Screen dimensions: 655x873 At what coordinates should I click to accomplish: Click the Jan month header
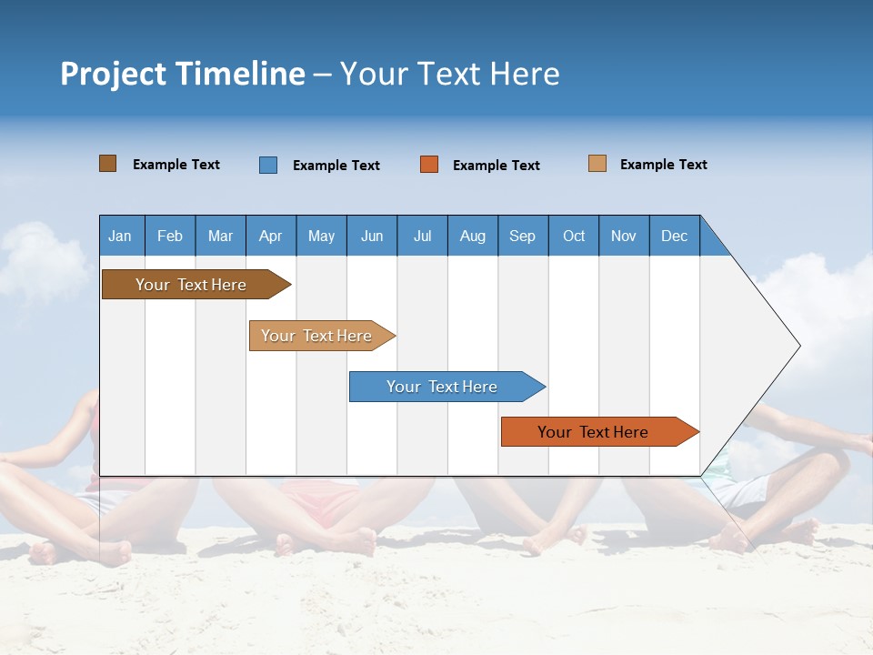coord(121,236)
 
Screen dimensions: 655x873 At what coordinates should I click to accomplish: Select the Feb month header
coord(170,236)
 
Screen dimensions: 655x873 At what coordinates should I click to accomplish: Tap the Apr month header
coord(271,236)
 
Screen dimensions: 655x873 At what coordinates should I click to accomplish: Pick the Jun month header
coord(372,236)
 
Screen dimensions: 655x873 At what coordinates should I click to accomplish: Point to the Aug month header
coord(473,236)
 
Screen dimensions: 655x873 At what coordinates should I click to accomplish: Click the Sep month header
coord(523,236)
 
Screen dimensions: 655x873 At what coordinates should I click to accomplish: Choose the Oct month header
coord(574,236)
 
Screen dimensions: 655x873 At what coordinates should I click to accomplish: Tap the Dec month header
coord(675,236)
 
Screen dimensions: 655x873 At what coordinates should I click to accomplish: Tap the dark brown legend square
coord(107,164)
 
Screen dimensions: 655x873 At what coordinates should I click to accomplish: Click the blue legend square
coord(268,165)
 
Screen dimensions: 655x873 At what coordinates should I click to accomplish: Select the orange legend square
coord(429,165)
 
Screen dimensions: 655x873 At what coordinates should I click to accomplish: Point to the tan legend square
coord(597,164)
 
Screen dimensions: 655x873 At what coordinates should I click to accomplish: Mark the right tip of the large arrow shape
coord(799,346)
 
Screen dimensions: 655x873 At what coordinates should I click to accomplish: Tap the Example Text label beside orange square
coord(497,166)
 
